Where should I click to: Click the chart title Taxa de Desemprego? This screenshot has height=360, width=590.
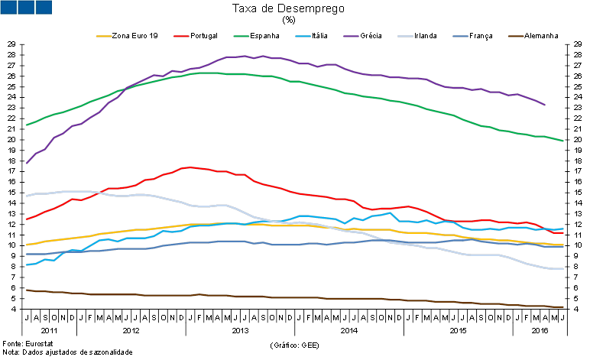pyautogui.click(x=288, y=8)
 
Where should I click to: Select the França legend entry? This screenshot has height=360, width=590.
pyautogui.click(x=480, y=35)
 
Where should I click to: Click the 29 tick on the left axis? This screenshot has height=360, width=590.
pyautogui.click(x=11, y=44)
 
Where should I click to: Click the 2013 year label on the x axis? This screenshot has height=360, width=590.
pyautogui.click(x=240, y=330)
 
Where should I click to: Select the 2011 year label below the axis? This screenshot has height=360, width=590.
pyautogui.click(x=50, y=330)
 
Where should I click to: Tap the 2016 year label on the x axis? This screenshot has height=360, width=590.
pyautogui.click(x=540, y=330)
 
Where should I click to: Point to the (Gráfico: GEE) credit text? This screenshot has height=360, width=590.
pyautogui.click(x=294, y=345)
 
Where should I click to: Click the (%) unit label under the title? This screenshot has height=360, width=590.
pyautogui.click(x=288, y=20)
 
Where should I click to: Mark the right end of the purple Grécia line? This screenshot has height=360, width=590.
pyautogui.click(x=544, y=105)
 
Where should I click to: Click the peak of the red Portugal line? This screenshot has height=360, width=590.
pyautogui.click(x=186, y=167)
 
